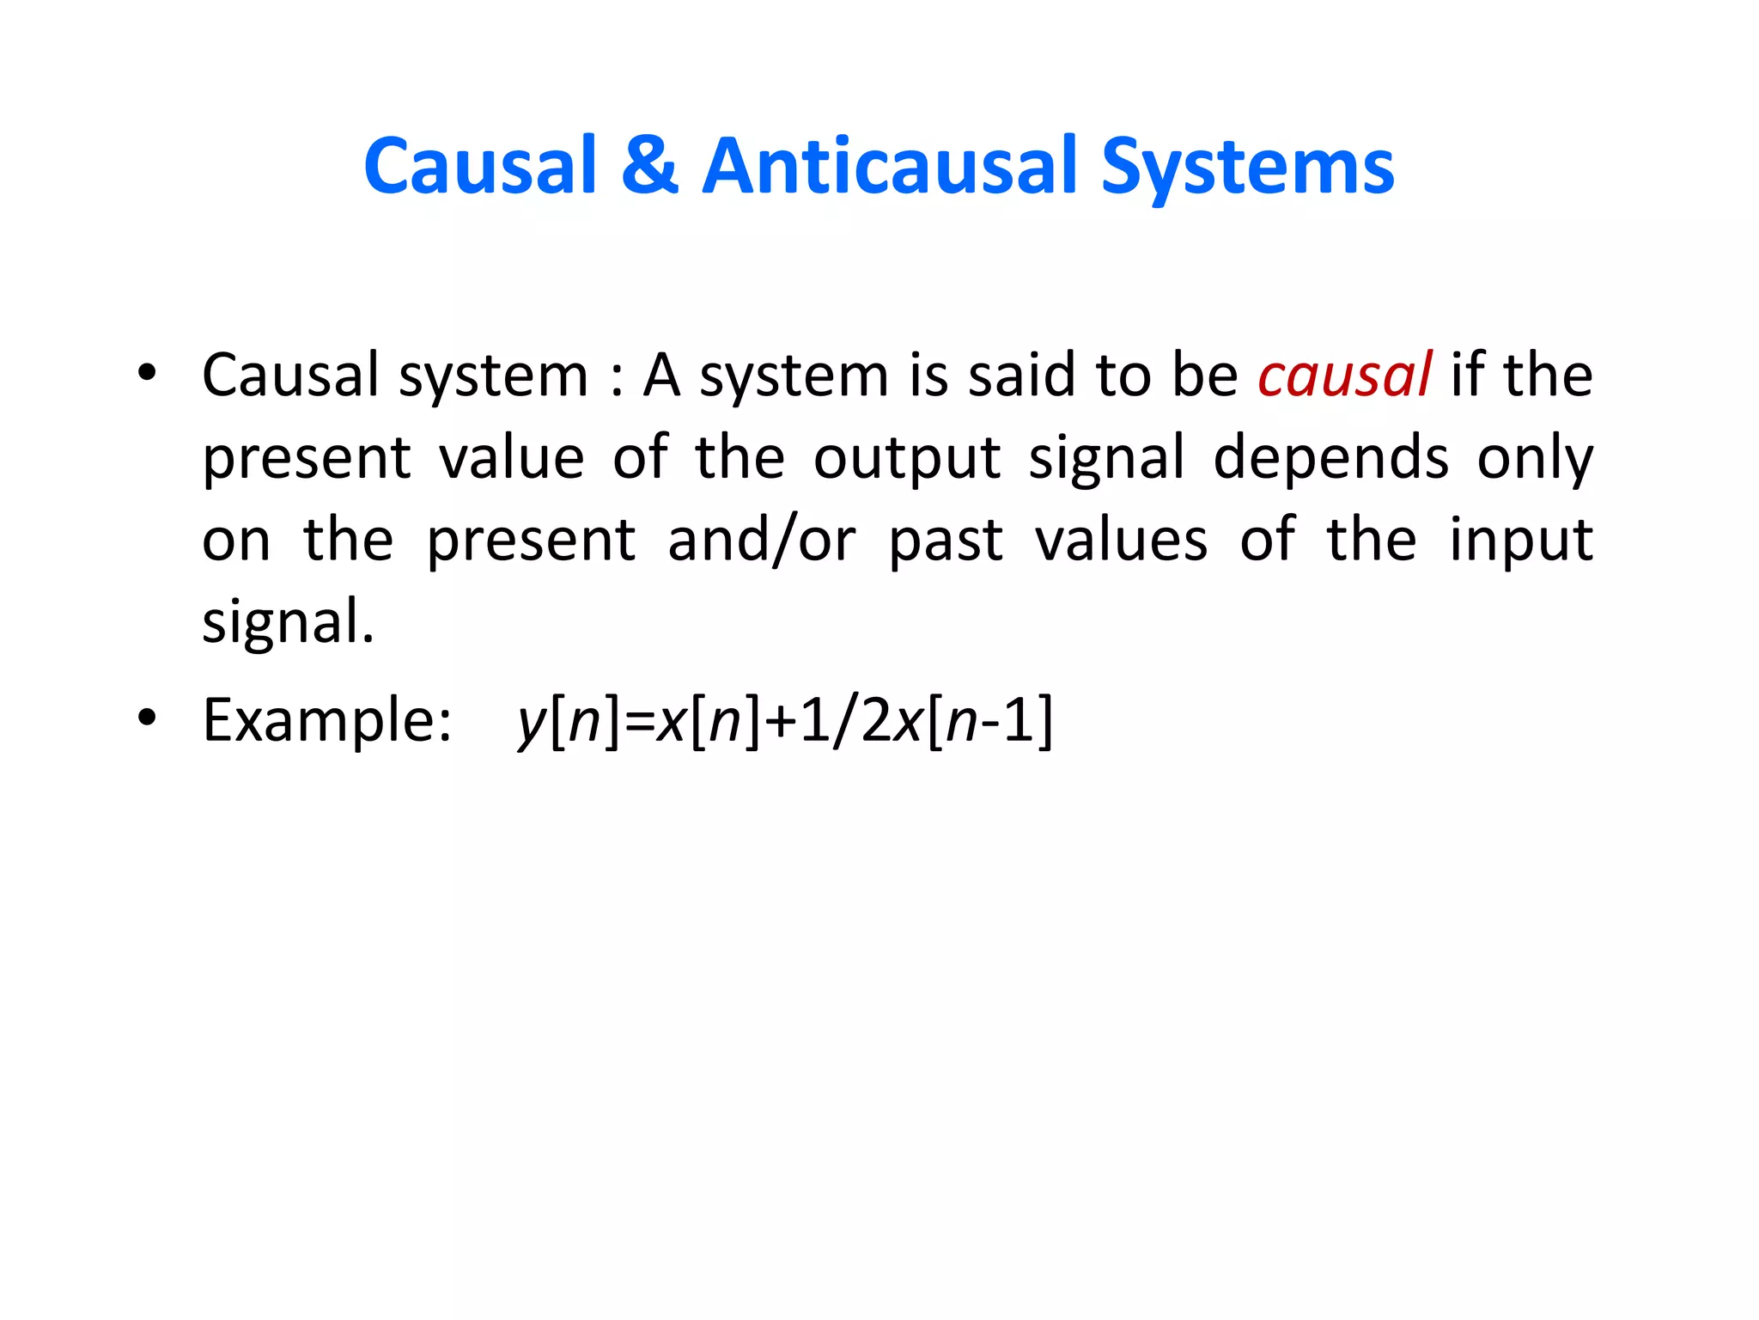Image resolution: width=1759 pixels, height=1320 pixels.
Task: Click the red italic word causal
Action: (x=1344, y=376)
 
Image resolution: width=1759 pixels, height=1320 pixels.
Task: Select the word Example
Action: (x=326, y=720)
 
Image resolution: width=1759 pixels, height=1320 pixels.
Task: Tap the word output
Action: (x=906, y=458)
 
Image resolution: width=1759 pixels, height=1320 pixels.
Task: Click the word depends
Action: (x=1330, y=458)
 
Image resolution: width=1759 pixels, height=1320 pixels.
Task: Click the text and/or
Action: (x=761, y=541)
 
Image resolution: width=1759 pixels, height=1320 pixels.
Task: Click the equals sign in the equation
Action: (x=639, y=723)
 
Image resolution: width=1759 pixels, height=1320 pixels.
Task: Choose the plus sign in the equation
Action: (x=780, y=723)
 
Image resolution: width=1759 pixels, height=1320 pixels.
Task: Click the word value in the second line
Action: (x=512, y=458)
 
